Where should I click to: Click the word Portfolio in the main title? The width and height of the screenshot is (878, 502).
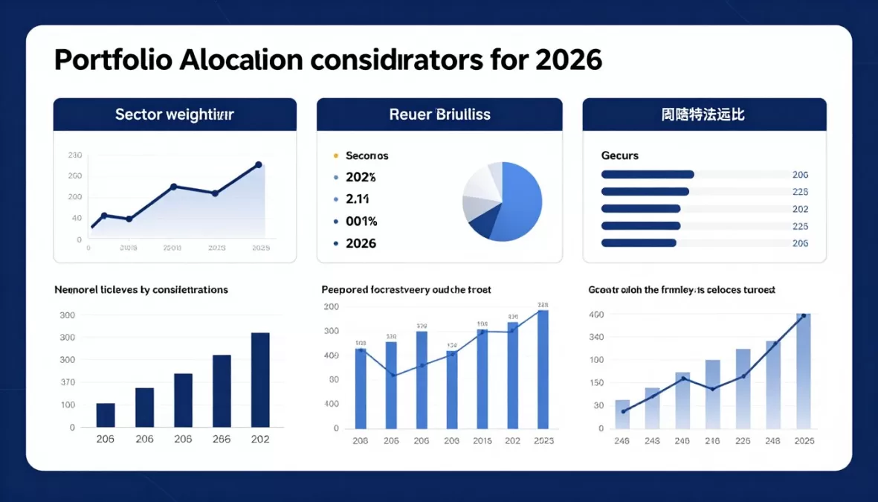click(112, 59)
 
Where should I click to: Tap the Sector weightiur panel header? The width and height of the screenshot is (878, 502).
click(175, 115)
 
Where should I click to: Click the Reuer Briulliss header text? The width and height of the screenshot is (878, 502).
click(439, 115)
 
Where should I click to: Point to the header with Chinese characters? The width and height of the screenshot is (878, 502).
click(703, 115)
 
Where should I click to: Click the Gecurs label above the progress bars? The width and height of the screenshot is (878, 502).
click(619, 155)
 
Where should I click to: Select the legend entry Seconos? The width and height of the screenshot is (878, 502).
click(367, 155)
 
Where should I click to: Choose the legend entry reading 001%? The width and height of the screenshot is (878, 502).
click(362, 221)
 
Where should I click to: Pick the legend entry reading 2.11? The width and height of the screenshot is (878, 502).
click(358, 199)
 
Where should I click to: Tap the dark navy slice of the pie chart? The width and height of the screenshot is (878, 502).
click(482, 224)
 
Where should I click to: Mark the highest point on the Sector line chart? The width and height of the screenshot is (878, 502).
click(258, 164)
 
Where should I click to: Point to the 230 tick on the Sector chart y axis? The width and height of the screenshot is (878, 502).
click(75, 155)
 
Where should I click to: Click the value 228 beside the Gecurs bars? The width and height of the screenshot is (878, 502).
click(800, 191)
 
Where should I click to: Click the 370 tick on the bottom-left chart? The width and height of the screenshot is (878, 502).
click(68, 382)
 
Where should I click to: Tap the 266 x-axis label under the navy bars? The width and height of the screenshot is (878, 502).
click(222, 439)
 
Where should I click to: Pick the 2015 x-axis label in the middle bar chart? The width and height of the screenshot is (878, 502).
click(482, 440)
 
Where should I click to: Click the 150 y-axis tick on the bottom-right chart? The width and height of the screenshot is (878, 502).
click(596, 382)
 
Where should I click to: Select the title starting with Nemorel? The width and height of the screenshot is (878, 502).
click(141, 289)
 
